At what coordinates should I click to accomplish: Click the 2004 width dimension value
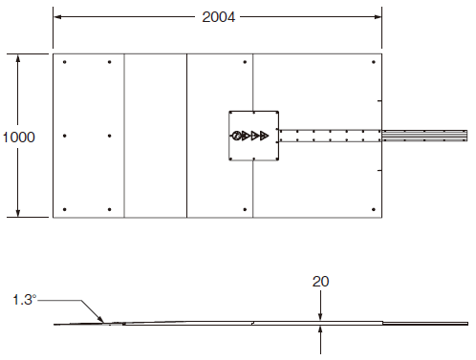pyautogui.click(x=219, y=17)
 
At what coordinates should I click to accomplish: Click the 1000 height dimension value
pyautogui.click(x=18, y=138)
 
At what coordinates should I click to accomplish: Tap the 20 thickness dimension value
pyautogui.click(x=320, y=282)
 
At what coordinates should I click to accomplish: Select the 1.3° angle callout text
pyautogui.click(x=25, y=300)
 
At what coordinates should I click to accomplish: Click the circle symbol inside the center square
pyautogui.click(x=236, y=136)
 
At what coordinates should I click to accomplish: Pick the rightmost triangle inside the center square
pyautogui.click(x=264, y=136)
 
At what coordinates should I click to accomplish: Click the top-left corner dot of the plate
pyautogui.click(x=65, y=62)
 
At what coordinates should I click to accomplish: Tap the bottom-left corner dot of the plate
pyautogui.click(x=65, y=209)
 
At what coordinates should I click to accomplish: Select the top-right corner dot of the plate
pyautogui.click(x=374, y=62)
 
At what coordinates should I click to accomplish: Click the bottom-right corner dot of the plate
pyautogui.click(x=374, y=209)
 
